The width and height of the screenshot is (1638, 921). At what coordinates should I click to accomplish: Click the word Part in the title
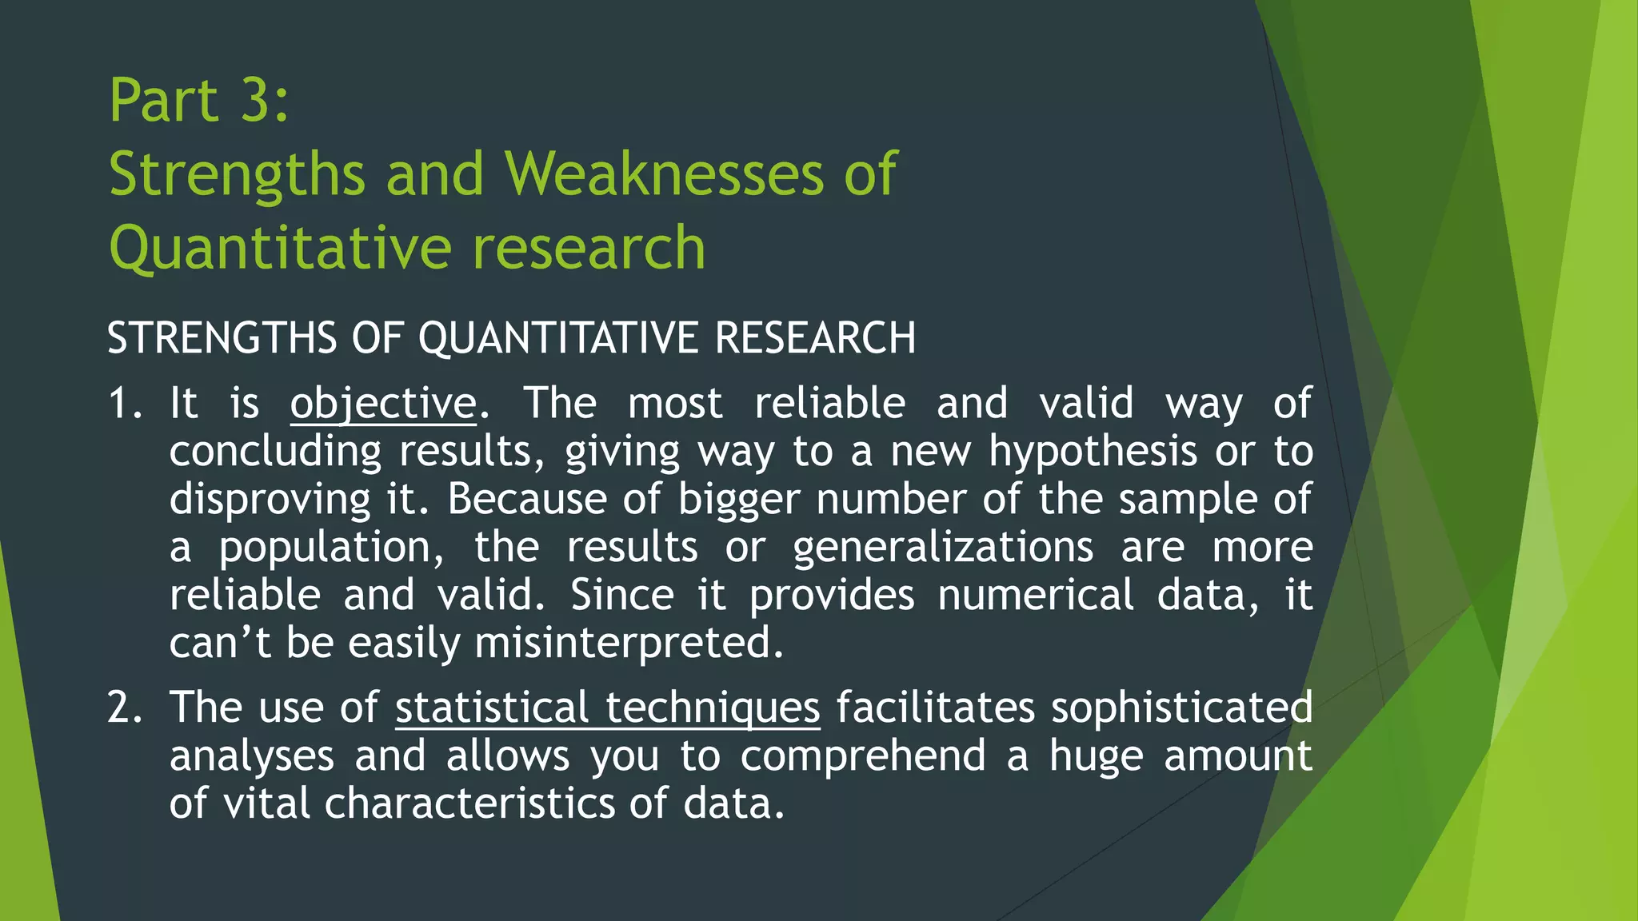tap(164, 101)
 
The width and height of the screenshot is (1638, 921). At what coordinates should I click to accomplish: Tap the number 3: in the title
tap(265, 101)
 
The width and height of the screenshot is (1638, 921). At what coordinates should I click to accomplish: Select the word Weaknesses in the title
tap(663, 173)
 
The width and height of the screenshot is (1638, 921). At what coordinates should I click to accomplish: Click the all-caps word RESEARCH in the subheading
tap(815, 337)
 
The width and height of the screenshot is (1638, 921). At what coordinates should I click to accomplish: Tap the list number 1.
tap(124, 403)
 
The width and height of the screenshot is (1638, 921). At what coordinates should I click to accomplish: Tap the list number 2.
tap(124, 708)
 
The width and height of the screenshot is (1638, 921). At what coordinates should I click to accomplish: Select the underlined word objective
tap(383, 403)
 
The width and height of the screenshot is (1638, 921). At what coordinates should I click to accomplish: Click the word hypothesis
tap(1093, 452)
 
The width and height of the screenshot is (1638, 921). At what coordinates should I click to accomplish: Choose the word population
tap(331, 548)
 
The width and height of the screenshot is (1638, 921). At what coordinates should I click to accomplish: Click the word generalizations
tap(943, 548)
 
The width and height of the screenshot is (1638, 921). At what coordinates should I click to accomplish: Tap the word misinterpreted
tap(629, 644)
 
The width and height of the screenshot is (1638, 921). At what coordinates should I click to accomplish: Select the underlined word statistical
tap(492, 708)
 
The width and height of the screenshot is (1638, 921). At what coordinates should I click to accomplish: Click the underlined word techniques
tap(713, 708)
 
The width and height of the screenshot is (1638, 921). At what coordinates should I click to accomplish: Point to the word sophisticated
tap(1181, 708)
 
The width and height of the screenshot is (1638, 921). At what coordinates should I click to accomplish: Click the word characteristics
tap(469, 803)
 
